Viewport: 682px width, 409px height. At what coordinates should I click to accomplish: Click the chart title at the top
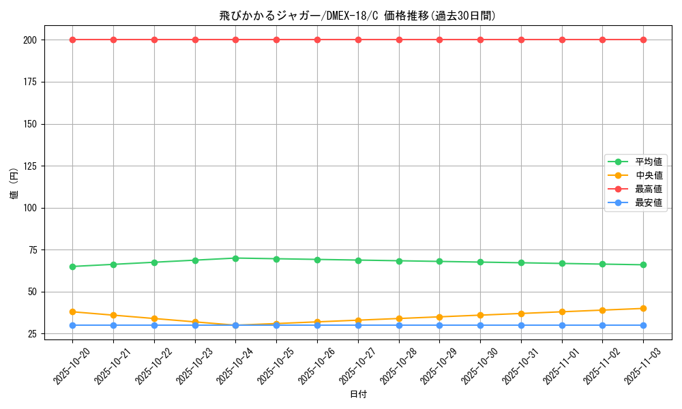click(x=357, y=15)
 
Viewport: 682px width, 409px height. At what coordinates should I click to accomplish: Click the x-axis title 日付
click(x=358, y=395)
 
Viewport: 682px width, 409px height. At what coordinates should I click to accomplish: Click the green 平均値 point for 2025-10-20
click(x=72, y=267)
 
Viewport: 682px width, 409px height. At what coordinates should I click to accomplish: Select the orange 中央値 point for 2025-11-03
click(x=643, y=308)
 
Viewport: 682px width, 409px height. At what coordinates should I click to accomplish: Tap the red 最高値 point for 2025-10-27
click(x=358, y=40)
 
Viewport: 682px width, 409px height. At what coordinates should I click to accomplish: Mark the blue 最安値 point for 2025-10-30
click(x=480, y=325)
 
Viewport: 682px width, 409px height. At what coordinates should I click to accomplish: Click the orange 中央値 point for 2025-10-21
click(x=113, y=315)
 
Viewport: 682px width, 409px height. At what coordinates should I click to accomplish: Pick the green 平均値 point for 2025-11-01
click(x=562, y=263)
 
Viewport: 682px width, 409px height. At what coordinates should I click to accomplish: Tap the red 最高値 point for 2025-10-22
click(x=154, y=40)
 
